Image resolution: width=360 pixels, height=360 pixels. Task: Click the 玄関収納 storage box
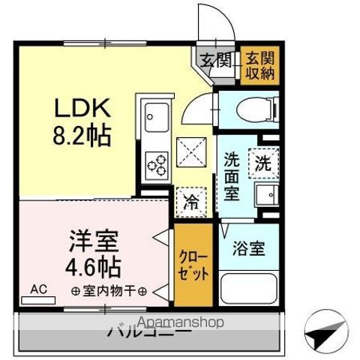(259, 65)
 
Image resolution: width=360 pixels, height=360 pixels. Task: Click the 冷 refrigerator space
(191, 201)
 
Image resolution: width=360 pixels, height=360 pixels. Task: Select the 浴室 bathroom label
(247, 247)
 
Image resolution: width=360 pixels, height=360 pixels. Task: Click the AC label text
(37, 289)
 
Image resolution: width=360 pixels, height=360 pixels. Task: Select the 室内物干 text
(109, 290)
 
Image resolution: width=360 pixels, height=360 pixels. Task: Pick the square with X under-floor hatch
(193, 152)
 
